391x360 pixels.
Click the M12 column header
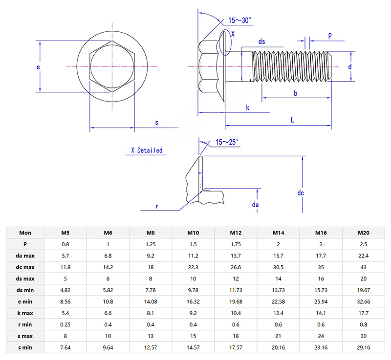click(x=236, y=233)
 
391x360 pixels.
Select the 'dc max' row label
click(x=25, y=267)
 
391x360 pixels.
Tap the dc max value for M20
click(x=363, y=267)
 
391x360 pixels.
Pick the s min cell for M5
click(x=65, y=347)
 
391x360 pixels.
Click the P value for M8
click(x=151, y=244)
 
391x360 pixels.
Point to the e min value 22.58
click(x=278, y=301)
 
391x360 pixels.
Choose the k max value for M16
click(x=321, y=313)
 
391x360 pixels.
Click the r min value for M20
click(x=363, y=324)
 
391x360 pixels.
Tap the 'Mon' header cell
click(x=25, y=233)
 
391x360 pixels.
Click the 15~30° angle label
click(x=239, y=21)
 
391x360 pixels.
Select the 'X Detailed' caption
click(x=147, y=150)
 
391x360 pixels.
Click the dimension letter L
click(x=292, y=120)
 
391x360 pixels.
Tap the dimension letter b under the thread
click(x=296, y=93)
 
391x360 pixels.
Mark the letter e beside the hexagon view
click(x=38, y=67)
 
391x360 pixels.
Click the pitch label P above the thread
click(x=330, y=36)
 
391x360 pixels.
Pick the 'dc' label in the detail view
click(x=301, y=193)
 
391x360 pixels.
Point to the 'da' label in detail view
click(x=255, y=205)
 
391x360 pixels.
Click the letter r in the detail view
click(x=157, y=206)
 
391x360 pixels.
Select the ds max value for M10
click(x=194, y=278)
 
